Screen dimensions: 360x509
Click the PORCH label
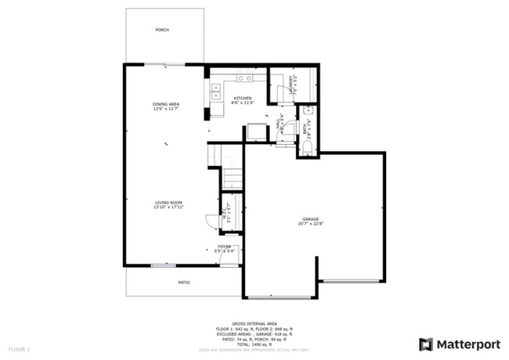162,30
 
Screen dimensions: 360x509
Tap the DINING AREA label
166,104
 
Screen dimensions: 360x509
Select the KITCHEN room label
241,99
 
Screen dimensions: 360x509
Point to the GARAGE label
311,219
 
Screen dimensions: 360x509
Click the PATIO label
182,282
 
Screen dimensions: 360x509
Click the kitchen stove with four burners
244,77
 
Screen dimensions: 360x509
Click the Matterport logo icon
425,344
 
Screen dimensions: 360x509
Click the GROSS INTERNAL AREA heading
254,322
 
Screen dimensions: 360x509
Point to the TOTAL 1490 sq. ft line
254,344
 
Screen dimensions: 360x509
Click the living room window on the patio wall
164,266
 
